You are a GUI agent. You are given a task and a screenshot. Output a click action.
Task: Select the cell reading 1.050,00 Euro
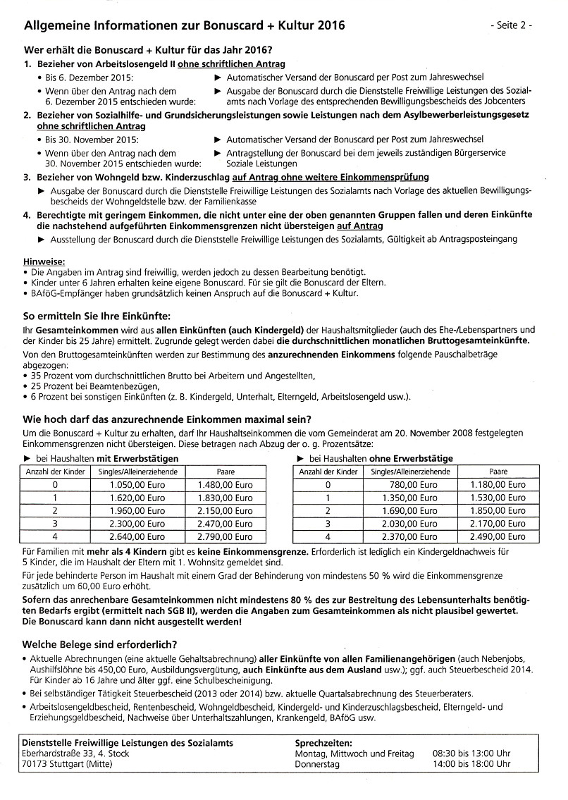click(137, 485)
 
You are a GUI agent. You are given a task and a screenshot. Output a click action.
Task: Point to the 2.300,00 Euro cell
click(137, 524)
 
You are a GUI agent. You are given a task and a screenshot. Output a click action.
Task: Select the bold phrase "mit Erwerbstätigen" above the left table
click(137, 458)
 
